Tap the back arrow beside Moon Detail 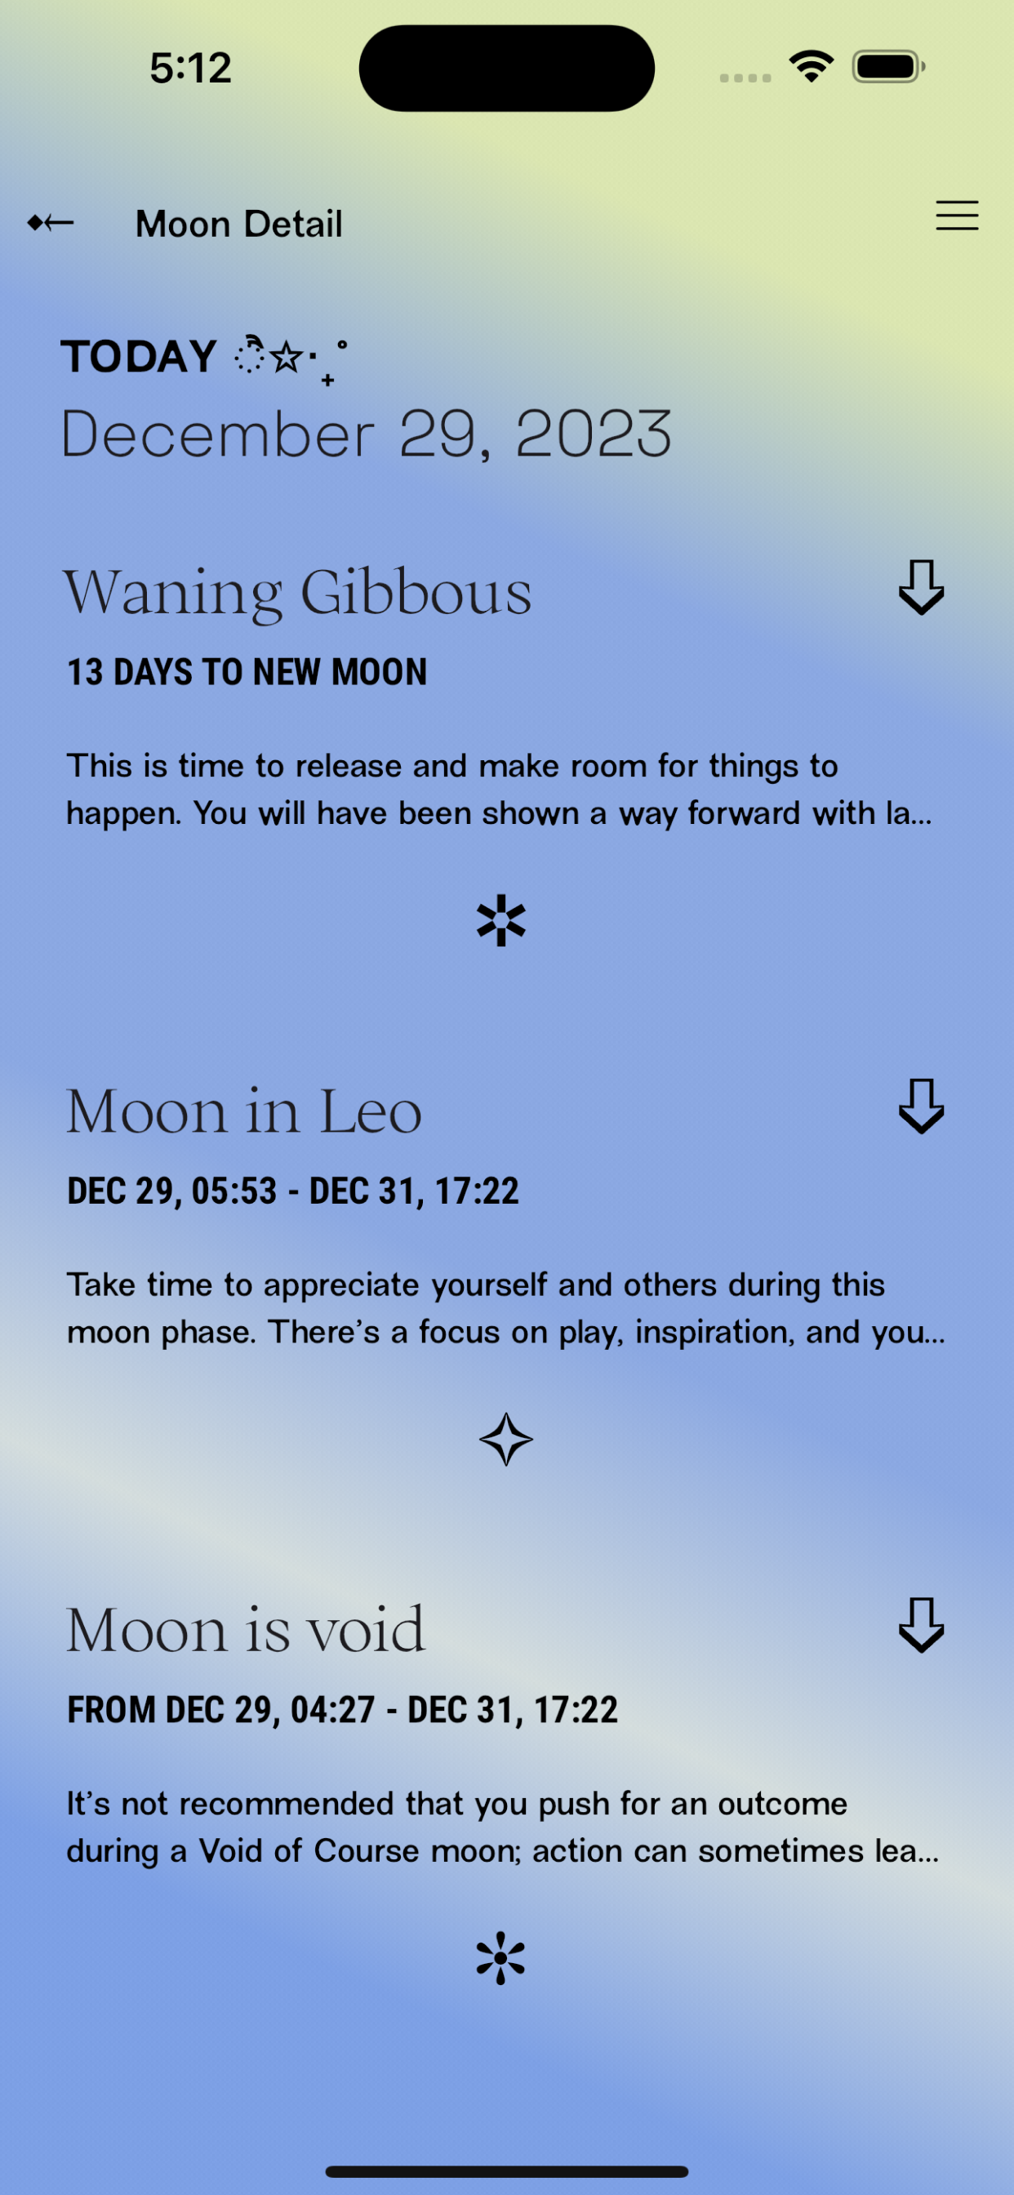tap(51, 223)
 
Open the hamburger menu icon tap(957, 215)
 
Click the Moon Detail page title tap(238, 224)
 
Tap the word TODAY tap(138, 356)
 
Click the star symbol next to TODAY tap(287, 356)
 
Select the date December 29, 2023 tap(367, 434)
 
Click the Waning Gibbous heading tap(297, 592)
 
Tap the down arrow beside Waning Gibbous tap(921, 587)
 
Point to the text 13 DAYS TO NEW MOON tap(247, 672)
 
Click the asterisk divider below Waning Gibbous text tap(502, 920)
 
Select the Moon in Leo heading tap(245, 1112)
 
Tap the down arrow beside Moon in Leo tap(921, 1106)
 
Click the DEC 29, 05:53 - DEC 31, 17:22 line tap(293, 1191)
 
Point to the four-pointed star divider tap(506, 1439)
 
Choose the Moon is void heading tap(246, 1630)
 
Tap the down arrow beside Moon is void tap(921, 1625)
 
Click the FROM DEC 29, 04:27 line tap(343, 1710)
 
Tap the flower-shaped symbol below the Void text tap(501, 1958)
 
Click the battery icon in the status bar tap(889, 66)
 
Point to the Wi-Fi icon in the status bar tap(812, 65)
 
